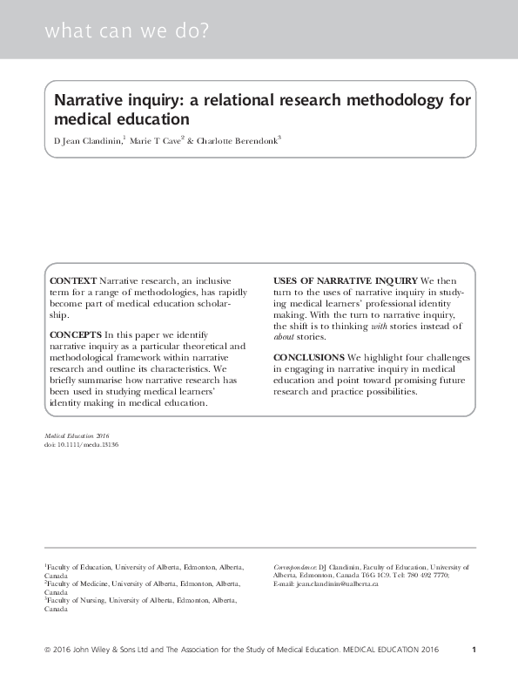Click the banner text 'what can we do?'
click(x=127, y=33)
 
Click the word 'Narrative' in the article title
click(x=88, y=100)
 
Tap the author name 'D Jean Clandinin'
click(x=87, y=140)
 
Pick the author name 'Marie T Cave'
click(x=152, y=140)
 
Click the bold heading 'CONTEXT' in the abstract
click(x=73, y=280)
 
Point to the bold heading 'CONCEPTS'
click(x=76, y=334)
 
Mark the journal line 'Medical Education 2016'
click(x=76, y=435)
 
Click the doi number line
click(x=81, y=444)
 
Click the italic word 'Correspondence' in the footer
click(x=294, y=566)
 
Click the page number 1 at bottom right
click(x=473, y=650)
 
